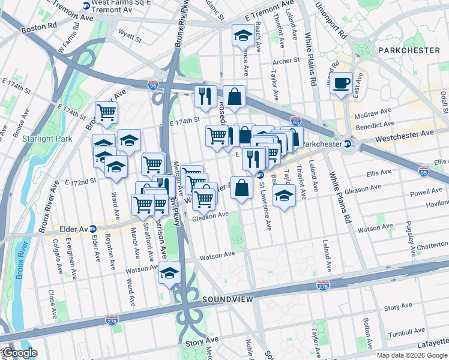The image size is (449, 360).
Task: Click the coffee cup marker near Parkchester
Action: point(342,83)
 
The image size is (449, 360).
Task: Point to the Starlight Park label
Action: point(43,139)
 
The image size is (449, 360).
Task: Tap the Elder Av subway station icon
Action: point(93,229)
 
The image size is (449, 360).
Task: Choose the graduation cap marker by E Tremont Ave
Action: point(243,35)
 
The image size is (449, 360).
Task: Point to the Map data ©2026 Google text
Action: point(412,355)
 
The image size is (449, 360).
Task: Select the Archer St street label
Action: point(286,61)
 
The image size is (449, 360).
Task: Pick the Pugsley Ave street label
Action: point(413,227)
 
